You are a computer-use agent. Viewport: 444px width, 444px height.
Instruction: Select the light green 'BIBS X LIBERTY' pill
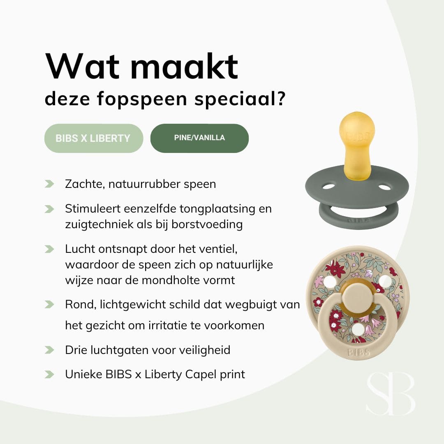point(93,138)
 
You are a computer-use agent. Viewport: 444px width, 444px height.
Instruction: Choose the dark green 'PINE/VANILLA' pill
point(199,138)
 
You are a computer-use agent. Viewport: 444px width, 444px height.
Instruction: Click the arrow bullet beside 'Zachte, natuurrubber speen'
point(50,184)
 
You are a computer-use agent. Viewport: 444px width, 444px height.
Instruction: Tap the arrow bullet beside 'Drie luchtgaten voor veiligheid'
point(50,350)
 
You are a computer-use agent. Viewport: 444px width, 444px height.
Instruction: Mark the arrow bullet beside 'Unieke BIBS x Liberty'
point(50,374)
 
